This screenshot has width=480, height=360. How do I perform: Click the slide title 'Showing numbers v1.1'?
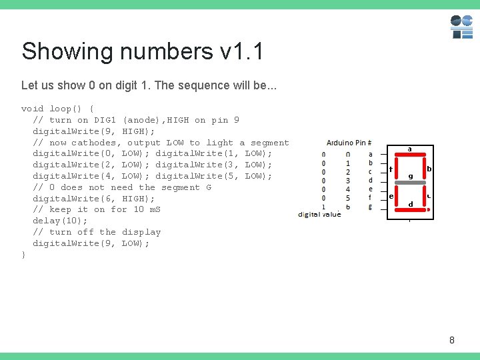[x=142, y=51]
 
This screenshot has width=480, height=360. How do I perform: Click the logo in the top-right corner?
[x=461, y=27]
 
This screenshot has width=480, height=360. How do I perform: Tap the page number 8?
[x=452, y=341]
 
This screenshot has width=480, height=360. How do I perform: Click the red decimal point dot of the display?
[x=428, y=209]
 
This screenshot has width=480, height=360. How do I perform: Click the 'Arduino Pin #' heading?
[x=349, y=143]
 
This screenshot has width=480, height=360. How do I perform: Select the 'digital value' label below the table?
[x=319, y=215]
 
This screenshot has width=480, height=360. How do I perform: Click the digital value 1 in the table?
[x=323, y=207]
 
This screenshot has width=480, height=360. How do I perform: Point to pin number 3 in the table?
[x=347, y=181]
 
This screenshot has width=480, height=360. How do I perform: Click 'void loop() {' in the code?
[x=57, y=109]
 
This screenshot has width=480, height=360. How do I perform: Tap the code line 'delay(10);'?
[x=60, y=221]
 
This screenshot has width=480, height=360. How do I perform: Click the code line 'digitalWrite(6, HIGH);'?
[x=94, y=199]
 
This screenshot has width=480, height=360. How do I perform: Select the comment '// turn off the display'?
[x=97, y=232]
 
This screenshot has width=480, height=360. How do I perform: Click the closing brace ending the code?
[x=24, y=255]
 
